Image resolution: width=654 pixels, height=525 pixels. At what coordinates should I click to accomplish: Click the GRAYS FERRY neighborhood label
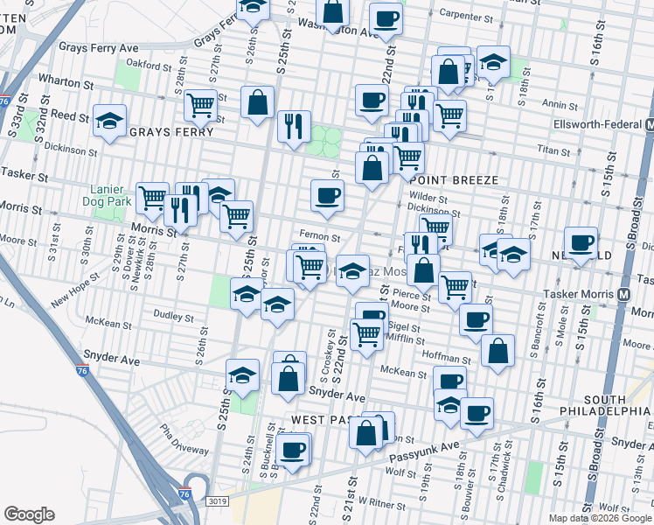pyautogui.click(x=171, y=132)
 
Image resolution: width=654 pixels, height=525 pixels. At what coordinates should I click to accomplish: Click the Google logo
pyautogui.click(x=30, y=514)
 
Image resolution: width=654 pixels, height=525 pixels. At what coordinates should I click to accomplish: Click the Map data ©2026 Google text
pyautogui.click(x=600, y=518)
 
